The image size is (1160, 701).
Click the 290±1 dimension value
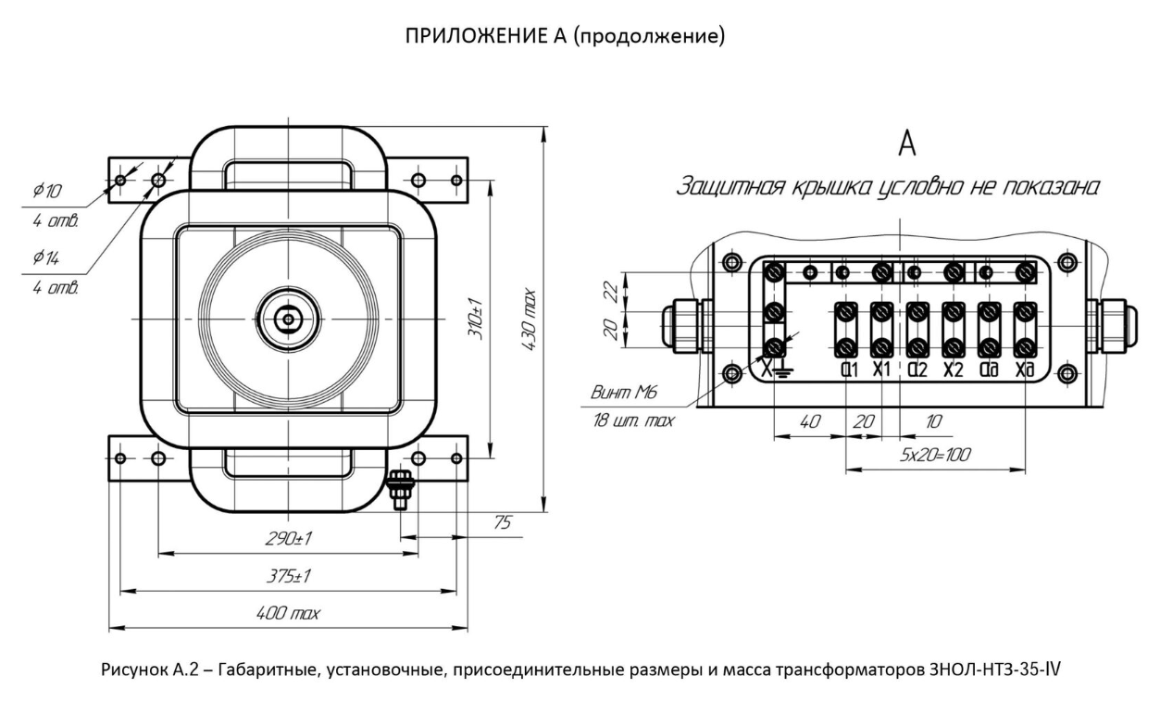(288, 539)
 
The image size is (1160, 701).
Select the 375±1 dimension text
(288, 576)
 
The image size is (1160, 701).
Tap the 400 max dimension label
(288, 613)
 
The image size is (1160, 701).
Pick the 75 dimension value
(502, 523)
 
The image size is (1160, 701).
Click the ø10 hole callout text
(46, 192)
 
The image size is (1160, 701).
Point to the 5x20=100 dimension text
(935, 456)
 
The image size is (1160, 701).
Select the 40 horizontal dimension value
(808, 421)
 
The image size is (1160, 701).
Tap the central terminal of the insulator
(288, 319)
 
